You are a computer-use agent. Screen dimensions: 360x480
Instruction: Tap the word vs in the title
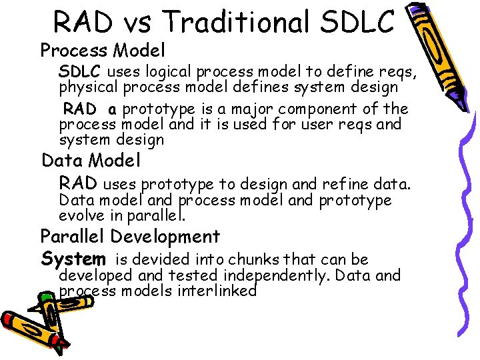click(139, 22)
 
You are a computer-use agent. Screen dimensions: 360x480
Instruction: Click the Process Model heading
click(103, 51)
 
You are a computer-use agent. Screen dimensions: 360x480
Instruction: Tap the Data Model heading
click(91, 161)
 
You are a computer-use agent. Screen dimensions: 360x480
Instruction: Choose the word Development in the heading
click(165, 237)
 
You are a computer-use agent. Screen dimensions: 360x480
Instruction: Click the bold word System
click(73, 259)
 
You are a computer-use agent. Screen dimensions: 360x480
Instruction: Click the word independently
click(279, 275)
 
